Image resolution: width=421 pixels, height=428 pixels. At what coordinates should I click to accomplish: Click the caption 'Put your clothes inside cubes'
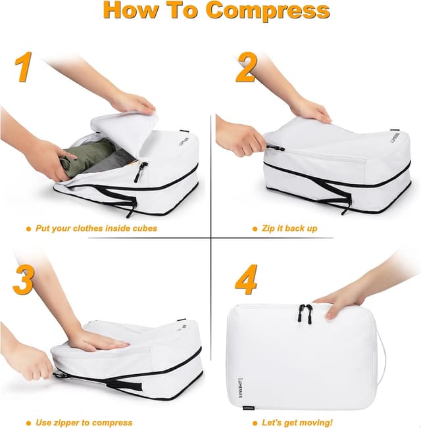(96, 229)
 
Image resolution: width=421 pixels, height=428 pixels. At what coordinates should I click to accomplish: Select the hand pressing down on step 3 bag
(95, 340)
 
